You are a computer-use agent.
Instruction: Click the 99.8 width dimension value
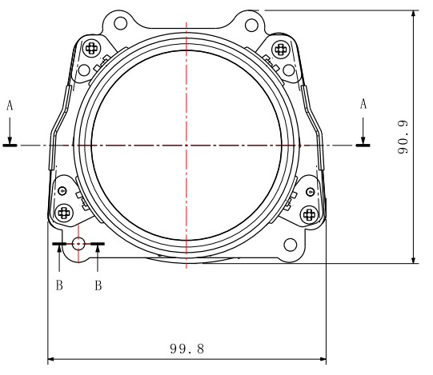tap(187, 349)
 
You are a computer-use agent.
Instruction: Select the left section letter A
tap(10, 104)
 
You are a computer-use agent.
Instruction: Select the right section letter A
tap(363, 104)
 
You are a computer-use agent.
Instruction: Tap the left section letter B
tap(59, 285)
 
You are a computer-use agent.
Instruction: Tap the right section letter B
tap(98, 285)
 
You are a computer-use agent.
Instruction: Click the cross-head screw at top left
tap(91, 48)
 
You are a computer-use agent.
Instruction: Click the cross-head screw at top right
tap(281, 48)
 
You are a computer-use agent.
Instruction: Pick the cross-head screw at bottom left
tap(65, 212)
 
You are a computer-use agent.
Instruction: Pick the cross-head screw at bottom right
tap(308, 213)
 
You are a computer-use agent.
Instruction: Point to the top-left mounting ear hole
tap(118, 22)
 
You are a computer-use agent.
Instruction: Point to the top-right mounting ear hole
tap(253, 22)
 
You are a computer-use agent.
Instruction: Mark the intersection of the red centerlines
tap(186, 146)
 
